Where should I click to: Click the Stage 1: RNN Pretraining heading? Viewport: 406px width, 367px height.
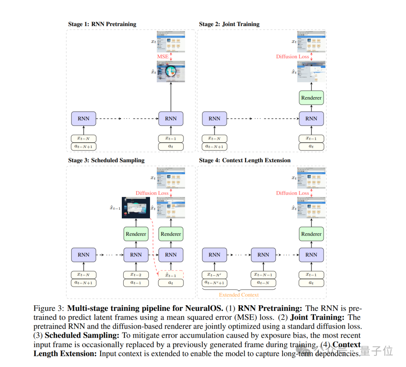pos(102,24)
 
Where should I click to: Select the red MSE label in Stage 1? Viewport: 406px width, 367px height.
pos(163,57)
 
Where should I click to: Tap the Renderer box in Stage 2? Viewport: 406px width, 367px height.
pos(311,98)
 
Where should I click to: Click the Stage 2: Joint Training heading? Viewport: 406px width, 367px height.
pos(229,24)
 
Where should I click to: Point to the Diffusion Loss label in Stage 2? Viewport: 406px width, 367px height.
pos(292,57)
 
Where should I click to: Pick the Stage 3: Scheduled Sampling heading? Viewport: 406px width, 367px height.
pos(106,160)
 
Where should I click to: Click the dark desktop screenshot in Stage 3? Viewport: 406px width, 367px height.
pos(136,207)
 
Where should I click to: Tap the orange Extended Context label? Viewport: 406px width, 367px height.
pos(239,295)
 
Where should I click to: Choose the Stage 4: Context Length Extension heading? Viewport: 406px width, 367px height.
pos(245,160)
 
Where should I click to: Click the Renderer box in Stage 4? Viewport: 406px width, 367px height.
pos(311,234)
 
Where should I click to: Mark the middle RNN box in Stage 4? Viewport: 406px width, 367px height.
pos(263,255)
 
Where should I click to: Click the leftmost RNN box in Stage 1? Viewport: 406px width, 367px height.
pos(83,119)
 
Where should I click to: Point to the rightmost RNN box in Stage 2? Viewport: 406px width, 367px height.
pos(311,119)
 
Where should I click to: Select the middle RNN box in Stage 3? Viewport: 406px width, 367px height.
pos(136,255)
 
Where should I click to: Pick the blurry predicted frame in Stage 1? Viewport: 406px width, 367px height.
pos(171,72)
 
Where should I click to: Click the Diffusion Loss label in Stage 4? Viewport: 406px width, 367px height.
pos(292,193)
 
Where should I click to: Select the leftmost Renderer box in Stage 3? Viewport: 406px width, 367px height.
pos(136,234)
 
